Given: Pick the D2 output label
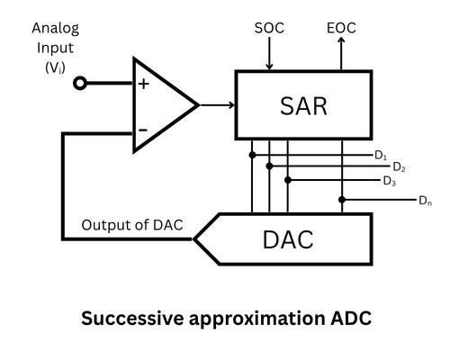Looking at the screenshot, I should pos(399,168).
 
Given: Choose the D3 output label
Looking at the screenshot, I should pos(388,181).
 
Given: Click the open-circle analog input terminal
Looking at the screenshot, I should pos(81,84).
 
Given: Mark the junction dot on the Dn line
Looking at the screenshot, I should pos(341,198).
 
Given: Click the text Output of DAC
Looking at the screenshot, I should pos(136,224).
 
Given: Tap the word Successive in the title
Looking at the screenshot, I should pos(125,319).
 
